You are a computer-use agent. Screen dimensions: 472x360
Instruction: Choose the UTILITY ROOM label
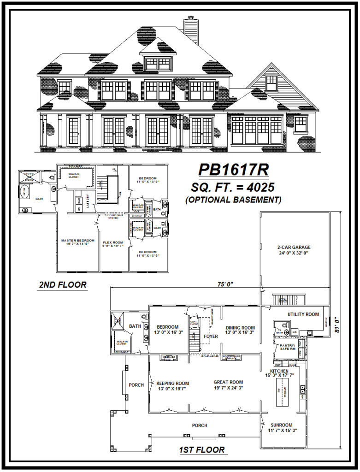[x=303, y=314]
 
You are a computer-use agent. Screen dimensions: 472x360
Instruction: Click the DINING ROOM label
[x=240, y=328]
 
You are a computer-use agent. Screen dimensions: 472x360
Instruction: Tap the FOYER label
[x=211, y=336]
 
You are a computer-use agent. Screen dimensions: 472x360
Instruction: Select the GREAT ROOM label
[x=228, y=382]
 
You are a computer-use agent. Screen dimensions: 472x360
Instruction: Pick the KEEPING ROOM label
[x=172, y=383]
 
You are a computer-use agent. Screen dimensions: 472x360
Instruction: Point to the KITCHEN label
[x=280, y=371]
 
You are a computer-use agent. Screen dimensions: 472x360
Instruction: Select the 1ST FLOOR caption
[x=202, y=450]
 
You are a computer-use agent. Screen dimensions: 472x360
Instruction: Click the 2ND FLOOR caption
[x=62, y=285]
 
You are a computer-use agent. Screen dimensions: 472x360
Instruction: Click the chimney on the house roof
[x=191, y=30]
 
